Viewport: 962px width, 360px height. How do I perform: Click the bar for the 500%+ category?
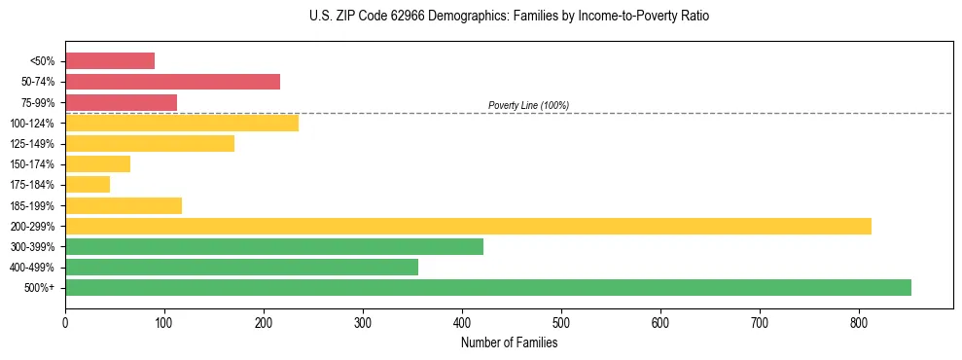tap(487, 287)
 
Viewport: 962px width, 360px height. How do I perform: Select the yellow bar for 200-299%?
tap(468, 226)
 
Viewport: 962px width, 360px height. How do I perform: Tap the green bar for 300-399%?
tap(273, 246)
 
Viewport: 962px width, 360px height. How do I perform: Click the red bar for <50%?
tap(110, 60)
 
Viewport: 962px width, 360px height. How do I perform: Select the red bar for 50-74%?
tap(172, 82)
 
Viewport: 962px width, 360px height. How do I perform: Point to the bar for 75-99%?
tap(121, 102)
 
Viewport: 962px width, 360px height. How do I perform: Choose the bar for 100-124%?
tap(182, 123)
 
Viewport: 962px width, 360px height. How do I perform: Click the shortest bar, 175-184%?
tap(88, 184)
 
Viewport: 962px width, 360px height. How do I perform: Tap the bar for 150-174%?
tap(97, 163)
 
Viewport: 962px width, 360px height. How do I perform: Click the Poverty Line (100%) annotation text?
tap(528, 105)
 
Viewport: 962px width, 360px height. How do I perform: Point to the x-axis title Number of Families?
tap(509, 342)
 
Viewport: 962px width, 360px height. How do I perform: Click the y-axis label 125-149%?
tap(33, 144)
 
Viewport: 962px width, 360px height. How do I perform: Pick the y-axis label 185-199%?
tap(33, 205)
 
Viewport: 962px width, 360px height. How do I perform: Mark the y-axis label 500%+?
tap(40, 288)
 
